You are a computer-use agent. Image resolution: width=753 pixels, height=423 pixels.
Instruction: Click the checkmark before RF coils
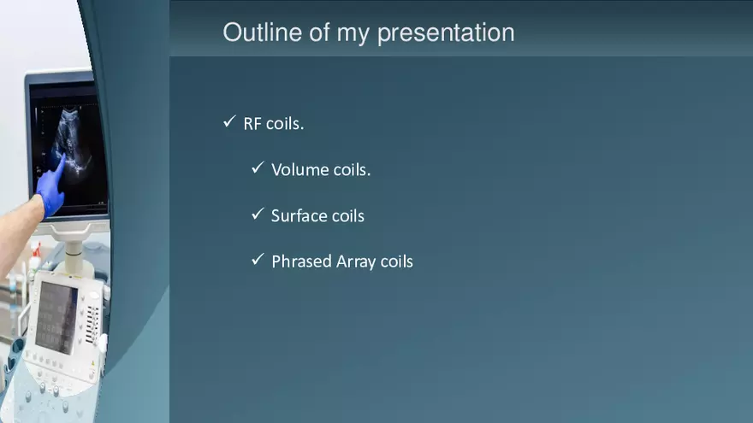228,122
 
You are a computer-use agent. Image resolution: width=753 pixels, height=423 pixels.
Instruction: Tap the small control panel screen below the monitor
55,316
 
